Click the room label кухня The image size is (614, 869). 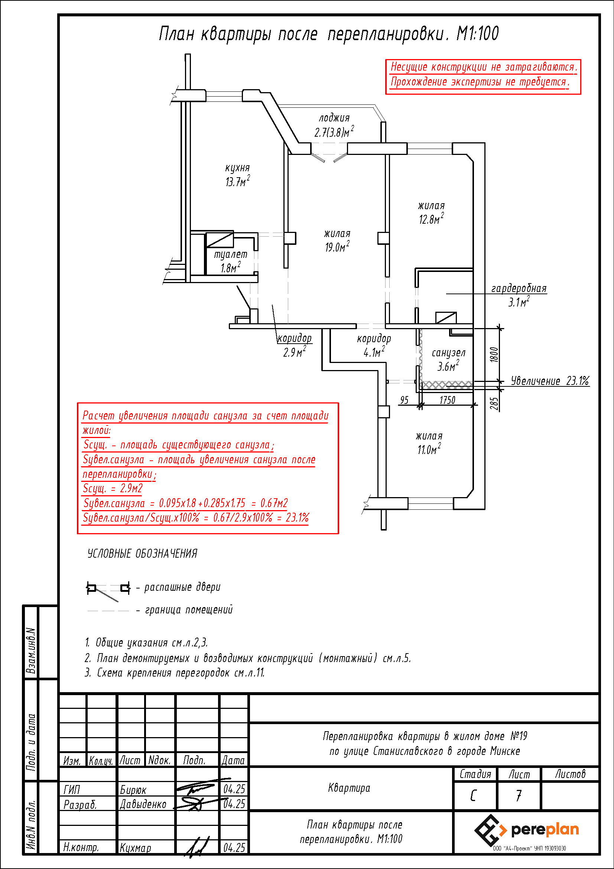237,168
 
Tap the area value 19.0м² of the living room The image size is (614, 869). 337,247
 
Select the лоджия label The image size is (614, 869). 334,118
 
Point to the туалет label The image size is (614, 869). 230,254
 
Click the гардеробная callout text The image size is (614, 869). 519,288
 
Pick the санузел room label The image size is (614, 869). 448,353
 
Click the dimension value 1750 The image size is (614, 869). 447,400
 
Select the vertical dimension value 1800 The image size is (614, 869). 494,355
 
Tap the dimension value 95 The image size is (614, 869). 404,400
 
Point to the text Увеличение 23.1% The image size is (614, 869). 550,381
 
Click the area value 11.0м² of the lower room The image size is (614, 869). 429,449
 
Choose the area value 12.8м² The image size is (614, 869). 431,219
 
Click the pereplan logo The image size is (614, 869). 526,830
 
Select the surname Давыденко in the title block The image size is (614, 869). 143,804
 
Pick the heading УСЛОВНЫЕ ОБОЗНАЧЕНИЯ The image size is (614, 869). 142,554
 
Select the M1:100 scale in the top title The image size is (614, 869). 477,34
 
